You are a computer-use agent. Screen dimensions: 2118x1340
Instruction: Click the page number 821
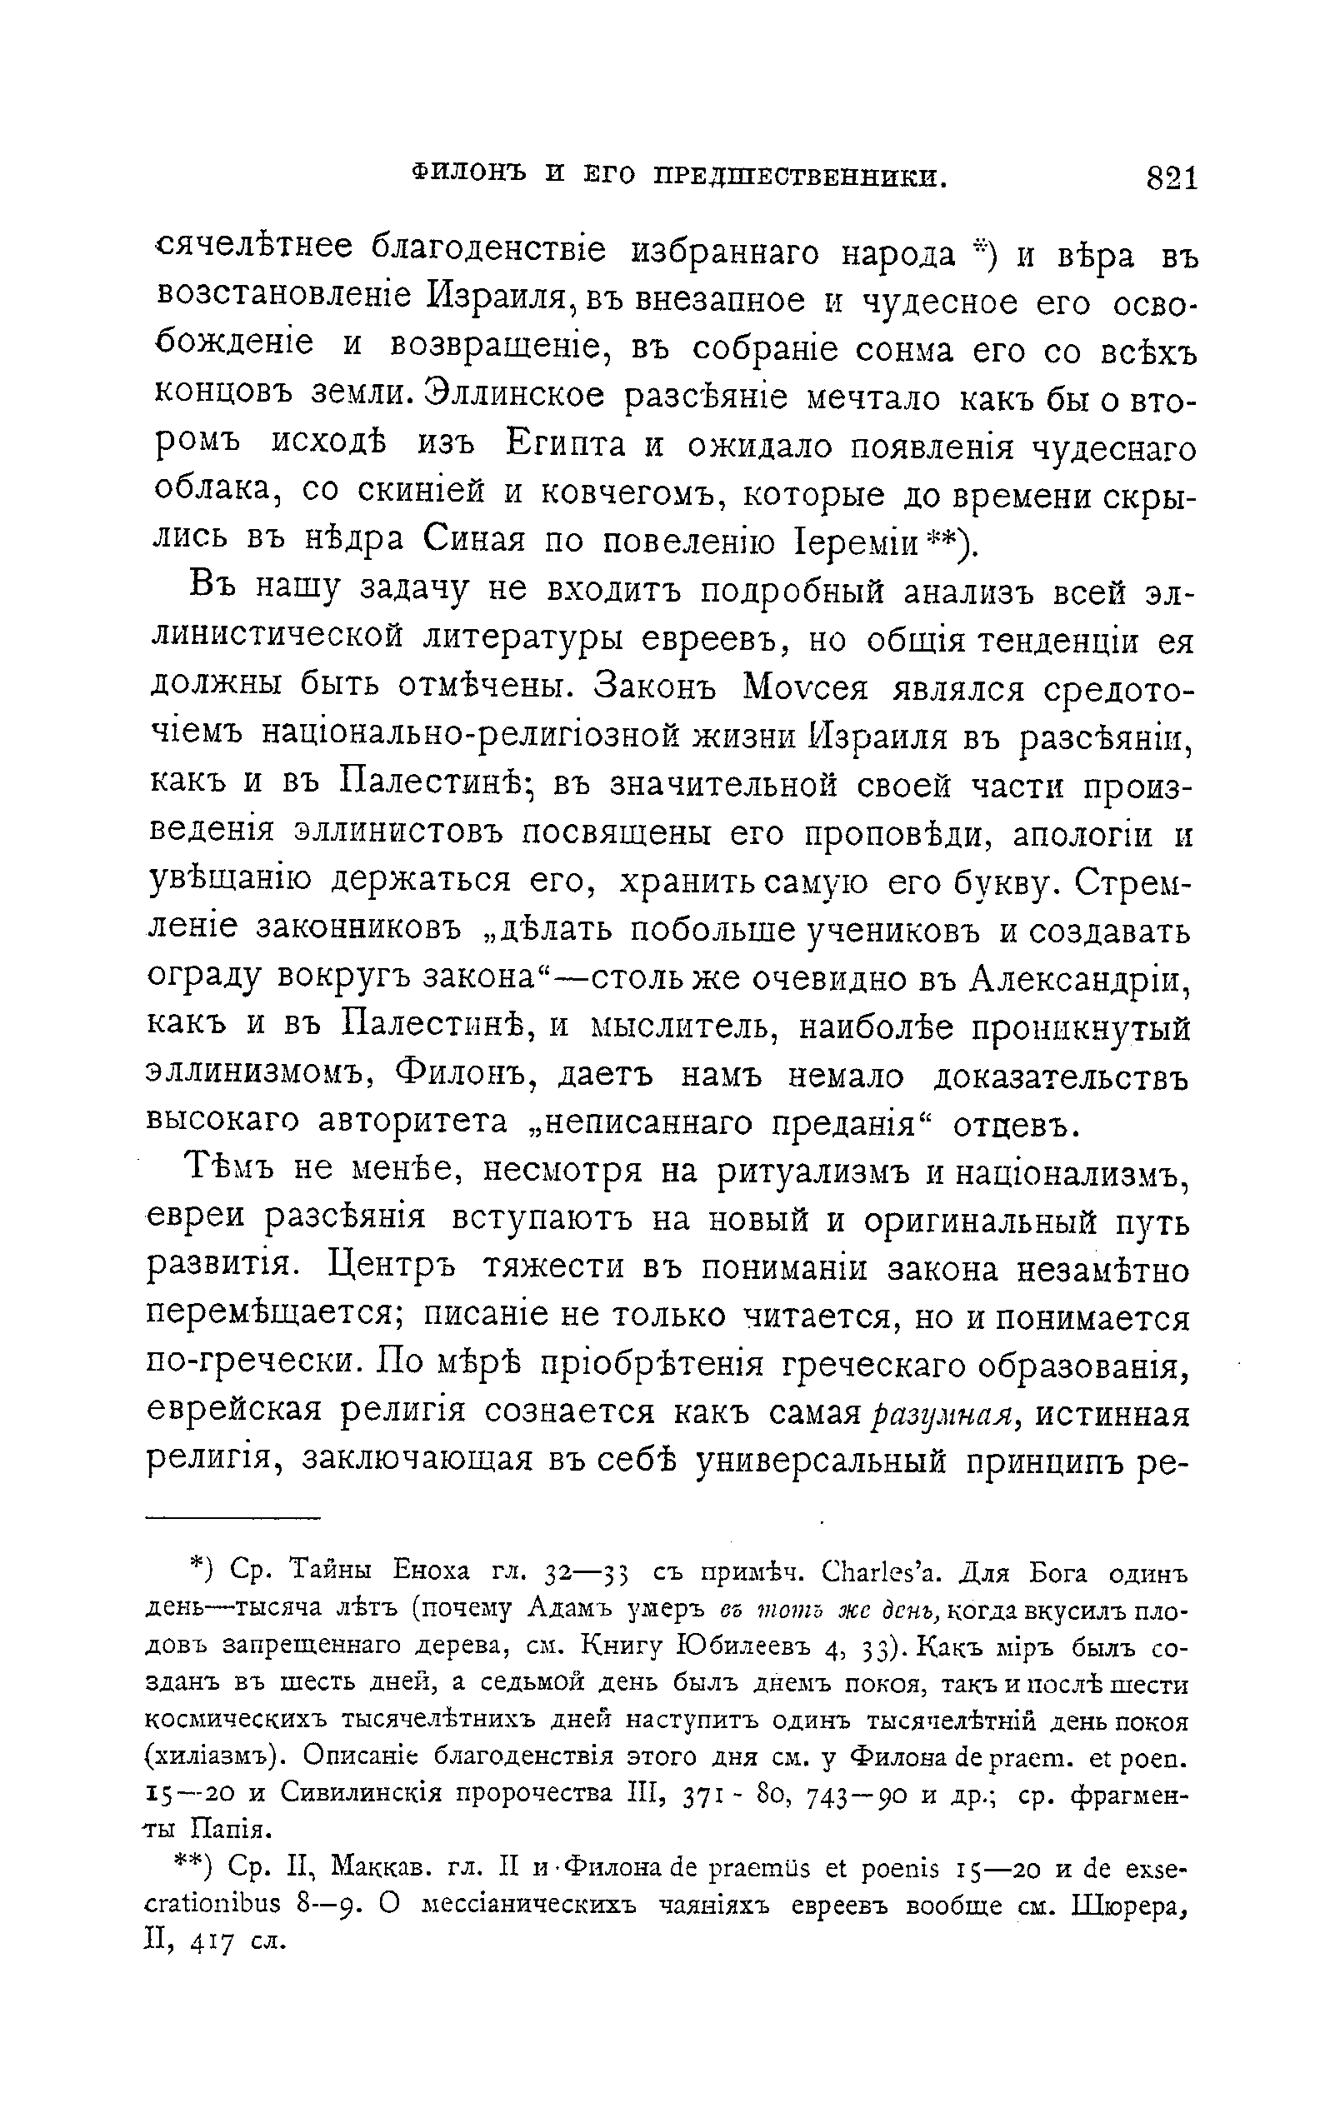(1171, 178)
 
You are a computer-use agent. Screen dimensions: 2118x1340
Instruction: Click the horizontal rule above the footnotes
(234, 1516)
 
